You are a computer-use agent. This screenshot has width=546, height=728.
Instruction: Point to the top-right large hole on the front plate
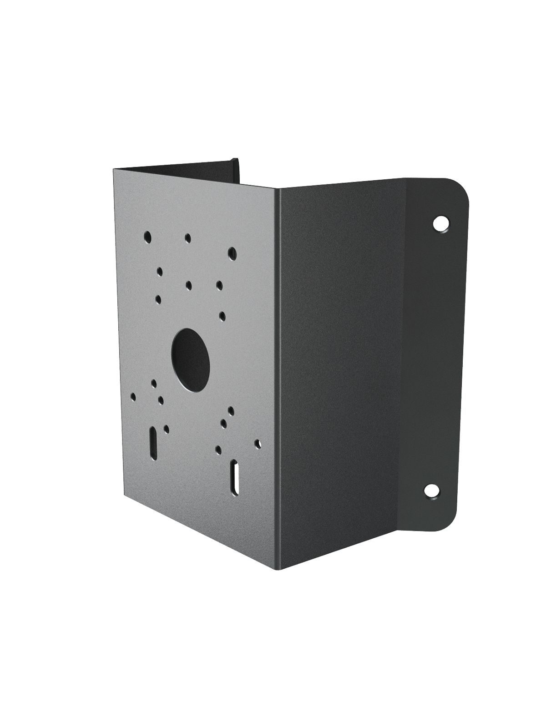click(233, 252)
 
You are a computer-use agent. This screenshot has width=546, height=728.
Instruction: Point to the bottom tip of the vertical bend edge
click(279, 569)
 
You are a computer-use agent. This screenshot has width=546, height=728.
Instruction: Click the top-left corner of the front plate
click(114, 168)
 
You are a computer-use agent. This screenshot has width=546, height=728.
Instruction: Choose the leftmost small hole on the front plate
click(133, 397)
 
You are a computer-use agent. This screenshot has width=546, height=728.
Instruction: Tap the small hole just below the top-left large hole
click(159, 271)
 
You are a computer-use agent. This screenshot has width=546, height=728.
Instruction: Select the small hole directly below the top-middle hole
click(189, 285)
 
